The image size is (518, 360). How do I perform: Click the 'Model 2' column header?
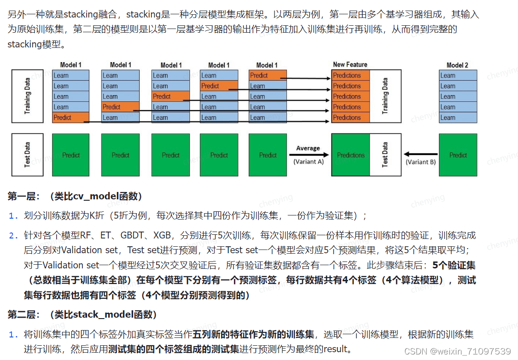(x=457, y=65)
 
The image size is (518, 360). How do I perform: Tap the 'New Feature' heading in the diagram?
(x=350, y=64)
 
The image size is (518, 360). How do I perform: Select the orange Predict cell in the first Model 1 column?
(x=70, y=117)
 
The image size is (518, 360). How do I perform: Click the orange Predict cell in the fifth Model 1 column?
(x=267, y=75)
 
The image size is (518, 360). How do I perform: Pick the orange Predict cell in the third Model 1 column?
(x=170, y=97)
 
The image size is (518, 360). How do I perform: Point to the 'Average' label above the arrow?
(x=308, y=148)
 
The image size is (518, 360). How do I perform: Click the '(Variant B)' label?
(x=420, y=162)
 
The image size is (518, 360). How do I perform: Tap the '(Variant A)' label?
(x=308, y=162)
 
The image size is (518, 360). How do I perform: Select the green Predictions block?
(x=350, y=155)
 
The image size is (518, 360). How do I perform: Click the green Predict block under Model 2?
(x=458, y=155)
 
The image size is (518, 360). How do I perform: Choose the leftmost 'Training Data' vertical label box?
(x=28, y=96)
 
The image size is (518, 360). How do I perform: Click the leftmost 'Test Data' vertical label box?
(x=28, y=155)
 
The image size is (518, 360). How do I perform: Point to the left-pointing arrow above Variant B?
(x=420, y=155)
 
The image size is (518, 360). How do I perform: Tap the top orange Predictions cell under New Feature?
(x=350, y=75)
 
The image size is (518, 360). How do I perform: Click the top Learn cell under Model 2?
(x=458, y=75)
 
